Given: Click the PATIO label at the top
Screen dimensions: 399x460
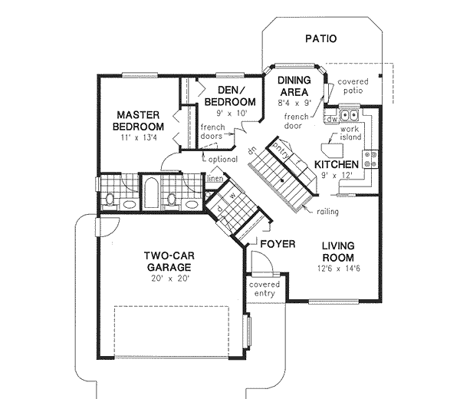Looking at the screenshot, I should tap(320, 38).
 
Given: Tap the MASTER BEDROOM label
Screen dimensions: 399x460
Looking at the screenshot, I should tap(139, 120).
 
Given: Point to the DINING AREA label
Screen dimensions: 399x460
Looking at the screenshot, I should tap(294, 86).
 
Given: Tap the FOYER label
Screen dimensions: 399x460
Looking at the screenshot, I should tap(278, 244).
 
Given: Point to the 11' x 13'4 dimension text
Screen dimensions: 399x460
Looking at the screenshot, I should tap(139, 138).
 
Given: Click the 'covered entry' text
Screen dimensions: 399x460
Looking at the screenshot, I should tap(264, 289).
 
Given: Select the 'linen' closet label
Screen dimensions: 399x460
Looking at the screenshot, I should tap(215, 179).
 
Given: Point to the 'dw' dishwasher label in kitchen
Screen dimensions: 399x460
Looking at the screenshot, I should tap(332, 120).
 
